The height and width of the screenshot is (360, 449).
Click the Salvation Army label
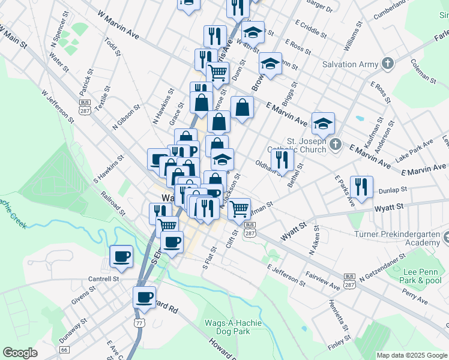click(350, 64)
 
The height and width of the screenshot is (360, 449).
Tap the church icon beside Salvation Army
click(388, 63)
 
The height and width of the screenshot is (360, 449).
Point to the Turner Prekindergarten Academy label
click(406, 238)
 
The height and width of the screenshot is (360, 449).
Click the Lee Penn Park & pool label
click(419, 275)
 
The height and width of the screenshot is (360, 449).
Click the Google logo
click(20, 353)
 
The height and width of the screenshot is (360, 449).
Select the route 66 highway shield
click(64, 349)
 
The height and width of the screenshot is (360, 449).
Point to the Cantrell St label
click(103, 278)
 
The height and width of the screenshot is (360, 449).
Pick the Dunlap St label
click(393, 190)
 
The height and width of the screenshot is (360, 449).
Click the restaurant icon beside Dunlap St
click(361, 186)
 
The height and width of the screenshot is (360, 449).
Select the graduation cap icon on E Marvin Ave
click(323, 124)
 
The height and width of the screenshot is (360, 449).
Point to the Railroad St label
click(113, 203)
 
